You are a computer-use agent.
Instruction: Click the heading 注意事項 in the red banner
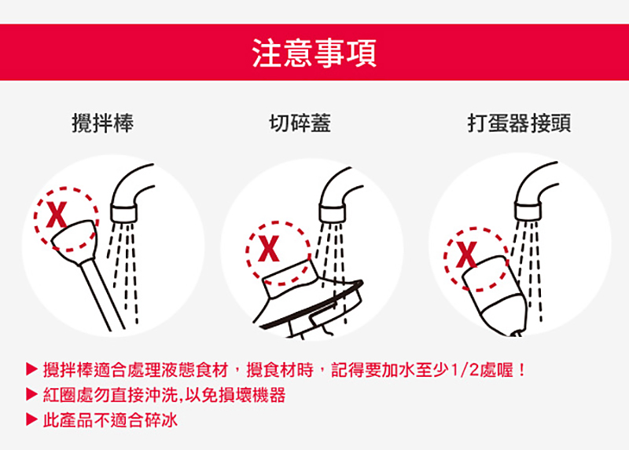tap(314, 53)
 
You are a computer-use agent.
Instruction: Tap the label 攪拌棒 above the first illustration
tap(103, 123)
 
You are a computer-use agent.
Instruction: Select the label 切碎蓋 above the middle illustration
tap(300, 123)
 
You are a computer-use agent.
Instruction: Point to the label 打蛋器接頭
tap(519, 123)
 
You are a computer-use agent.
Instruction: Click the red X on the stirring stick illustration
tap(57, 214)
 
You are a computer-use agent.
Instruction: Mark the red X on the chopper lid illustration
tap(269, 248)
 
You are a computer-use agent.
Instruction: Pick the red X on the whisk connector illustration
tap(466, 254)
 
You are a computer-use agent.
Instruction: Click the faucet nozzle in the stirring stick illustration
tap(124, 213)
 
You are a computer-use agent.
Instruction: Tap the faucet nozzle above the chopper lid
tap(332, 212)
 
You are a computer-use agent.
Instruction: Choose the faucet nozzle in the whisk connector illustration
tap(528, 211)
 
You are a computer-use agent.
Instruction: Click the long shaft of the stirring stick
tap(102, 295)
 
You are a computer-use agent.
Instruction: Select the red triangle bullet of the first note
tap(31, 369)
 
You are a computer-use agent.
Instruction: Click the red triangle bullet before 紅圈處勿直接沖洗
tap(31, 394)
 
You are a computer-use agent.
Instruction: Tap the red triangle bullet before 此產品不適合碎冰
tap(31, 419)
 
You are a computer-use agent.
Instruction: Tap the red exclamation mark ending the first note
tap(521, 370)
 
